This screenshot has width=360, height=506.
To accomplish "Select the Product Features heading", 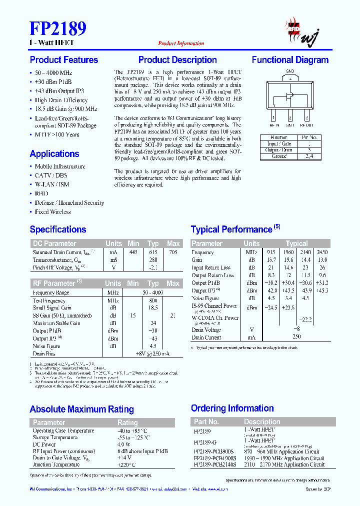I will pos(64,60).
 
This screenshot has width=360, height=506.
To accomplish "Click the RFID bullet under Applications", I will pos(41,193).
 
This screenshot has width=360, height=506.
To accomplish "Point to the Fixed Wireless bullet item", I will pos(52,212).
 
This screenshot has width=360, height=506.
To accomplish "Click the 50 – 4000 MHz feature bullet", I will pos(54,72).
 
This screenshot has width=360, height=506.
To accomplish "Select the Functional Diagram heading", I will pos(290,60).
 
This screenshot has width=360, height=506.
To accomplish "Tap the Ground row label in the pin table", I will pos(278,156).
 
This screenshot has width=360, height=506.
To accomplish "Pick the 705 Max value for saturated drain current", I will pos(173,252).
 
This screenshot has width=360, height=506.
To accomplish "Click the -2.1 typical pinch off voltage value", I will pos(153,267).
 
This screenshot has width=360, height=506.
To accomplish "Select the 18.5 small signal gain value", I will pos(153,308).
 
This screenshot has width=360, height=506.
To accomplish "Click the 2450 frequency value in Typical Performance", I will pos(322,252).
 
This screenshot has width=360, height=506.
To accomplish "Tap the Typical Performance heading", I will pos(231,229).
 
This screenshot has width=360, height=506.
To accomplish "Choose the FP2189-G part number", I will pos(205,443).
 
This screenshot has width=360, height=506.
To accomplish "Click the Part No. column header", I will pos(206,421).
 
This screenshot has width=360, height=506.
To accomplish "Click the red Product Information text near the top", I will pos(180,43).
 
